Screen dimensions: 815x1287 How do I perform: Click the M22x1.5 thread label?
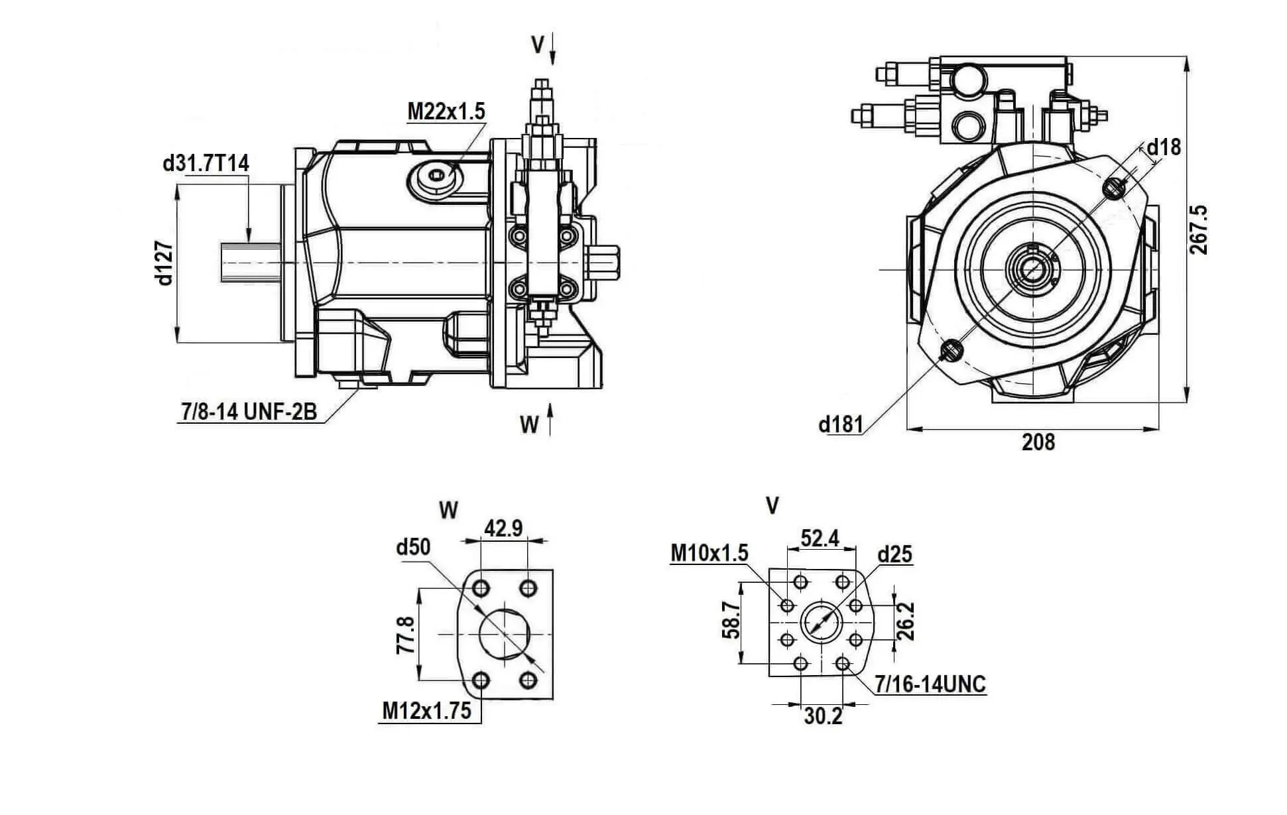(x=446, y=111)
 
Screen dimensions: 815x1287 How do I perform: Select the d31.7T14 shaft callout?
(x=206, y=163)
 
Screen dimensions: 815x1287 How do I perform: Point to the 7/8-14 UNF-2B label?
(x=249, y=412)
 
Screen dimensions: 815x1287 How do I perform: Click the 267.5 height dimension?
(x=1198, y=229)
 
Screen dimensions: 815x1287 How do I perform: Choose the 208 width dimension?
(x=1038, y=442)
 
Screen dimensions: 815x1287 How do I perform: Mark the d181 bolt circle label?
(x=841, y=424)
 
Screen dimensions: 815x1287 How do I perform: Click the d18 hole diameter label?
(x=1164, y=147)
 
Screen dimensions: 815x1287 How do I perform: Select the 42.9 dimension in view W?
(x=503, y=528)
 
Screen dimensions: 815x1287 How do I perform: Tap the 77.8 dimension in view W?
(x=405, y=635)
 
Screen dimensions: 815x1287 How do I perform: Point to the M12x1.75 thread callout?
(x=427, y=711)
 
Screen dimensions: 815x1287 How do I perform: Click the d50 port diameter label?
(x=412, y=547)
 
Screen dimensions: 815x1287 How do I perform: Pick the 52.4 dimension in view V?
(x=820, y=538)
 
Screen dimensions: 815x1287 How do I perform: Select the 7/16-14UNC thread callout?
(x=930, y=684)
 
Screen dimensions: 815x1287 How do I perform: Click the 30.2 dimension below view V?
(x=823, y=716)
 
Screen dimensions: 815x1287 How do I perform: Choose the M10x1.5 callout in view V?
(x=709, y=552)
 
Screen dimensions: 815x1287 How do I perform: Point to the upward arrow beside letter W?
(x=550, y=420)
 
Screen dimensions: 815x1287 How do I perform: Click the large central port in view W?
(x=505, y=634)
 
